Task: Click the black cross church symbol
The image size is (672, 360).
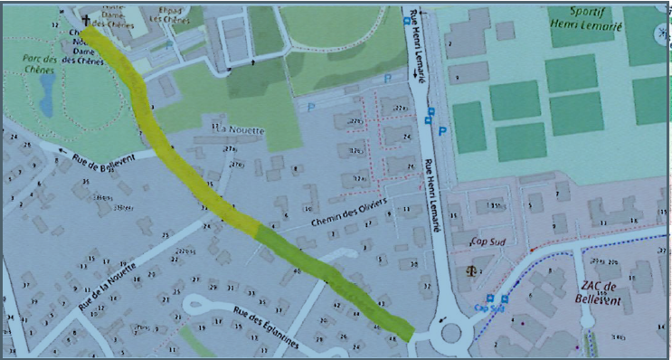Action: pyautogui.click(x=87, y=20)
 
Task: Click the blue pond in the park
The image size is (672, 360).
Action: pyautogui.click(x=45, y=88)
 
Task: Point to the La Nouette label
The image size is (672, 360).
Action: pyautogui.click(x=238, y=130)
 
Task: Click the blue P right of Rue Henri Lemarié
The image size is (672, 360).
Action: pyautogui.click(x=442, y=133)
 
